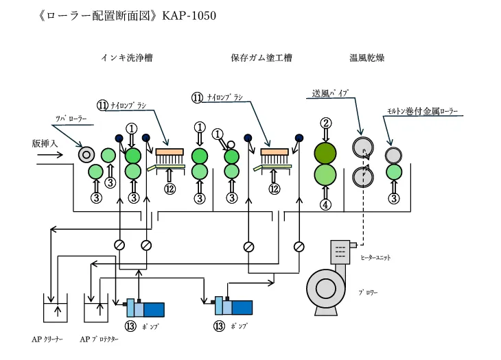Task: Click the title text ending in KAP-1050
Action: point(128,15)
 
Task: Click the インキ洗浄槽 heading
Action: point(126,58)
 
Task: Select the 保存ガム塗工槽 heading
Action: point(261,58)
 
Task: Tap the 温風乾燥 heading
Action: point(367,58)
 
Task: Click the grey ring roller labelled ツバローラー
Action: point(87,154)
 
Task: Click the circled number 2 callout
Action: point(327,123)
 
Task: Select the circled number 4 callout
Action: point(327,204)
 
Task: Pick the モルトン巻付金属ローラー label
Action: point(422,111)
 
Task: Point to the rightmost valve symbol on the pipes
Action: point(299,245)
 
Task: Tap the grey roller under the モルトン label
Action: point(393,155)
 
